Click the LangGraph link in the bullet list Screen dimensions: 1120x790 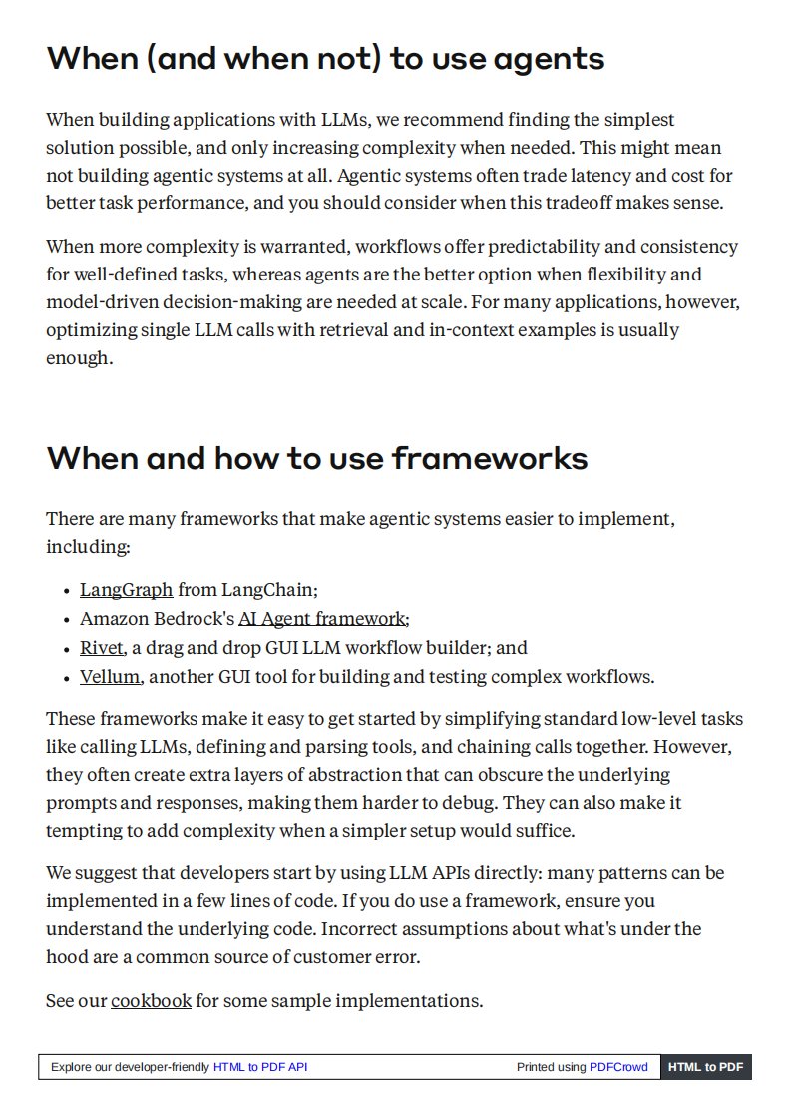pyautogui.click(x=126, y=590)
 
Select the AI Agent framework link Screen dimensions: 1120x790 pyautogui.click(x=322, y=619)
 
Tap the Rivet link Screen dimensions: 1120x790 pyautogui.click(x=101, y=648)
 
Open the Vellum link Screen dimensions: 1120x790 pyautogui.click(x=109, y=677)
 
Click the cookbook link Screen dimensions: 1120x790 pyautogui.click(x=151, y=1000)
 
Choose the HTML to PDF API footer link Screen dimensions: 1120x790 pyautogui.click(x=260, y=1067)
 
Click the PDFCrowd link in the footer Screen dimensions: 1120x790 pyautogui.click(x=618, y=1067)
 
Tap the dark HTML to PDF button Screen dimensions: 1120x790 pyautogui.click(x=705, y=1067)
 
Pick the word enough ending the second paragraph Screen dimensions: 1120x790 pyautogui.click(x=76, y=357)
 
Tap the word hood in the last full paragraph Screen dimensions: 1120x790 pyautogui.click(x=65, y=957)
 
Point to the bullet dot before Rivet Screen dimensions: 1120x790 pyautogui.click(x=66, y=649)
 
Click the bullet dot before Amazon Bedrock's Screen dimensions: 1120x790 pyautogui.click(x=66, y=620)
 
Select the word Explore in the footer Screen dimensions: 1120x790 pyautogui.click(x=71, y=1067)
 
